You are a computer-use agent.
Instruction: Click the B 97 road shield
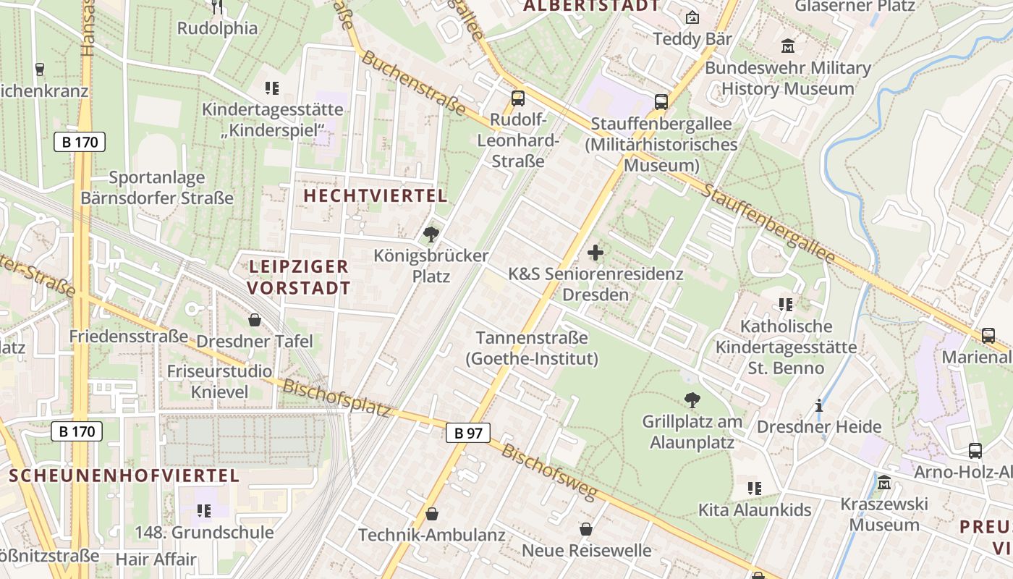[x=468, y=433]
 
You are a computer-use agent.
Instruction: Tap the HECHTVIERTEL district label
[x=375, y=195]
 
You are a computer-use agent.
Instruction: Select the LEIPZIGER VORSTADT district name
[x=299, y=277]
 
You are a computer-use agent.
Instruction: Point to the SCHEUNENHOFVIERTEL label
[x=124, y=476]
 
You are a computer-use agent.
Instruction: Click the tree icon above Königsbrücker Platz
[x=431, y=234]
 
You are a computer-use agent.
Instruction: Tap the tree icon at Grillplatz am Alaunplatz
[x=692, y=400]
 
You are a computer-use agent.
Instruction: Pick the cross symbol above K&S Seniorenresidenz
[x=595, y=253]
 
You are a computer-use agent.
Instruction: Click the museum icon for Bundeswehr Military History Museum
[x=788, y=46]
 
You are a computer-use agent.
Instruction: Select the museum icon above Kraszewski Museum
[x=884, y=482]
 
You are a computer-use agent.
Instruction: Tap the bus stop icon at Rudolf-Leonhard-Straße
[x=518, y=98]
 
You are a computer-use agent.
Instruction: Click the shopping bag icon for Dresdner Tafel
[x=255, y=319]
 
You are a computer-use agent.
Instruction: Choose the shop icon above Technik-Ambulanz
[x=432, y=514]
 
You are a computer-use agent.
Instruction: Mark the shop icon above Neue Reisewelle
[x=586, y=530]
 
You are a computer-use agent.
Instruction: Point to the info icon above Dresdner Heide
[x=819, y=405]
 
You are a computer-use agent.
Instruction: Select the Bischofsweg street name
[x=549, y=473]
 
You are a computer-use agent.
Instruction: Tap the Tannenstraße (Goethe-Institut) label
[x=532, y=348]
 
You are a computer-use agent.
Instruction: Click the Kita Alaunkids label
[x=755, y=510]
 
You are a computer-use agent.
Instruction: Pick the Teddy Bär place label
[x=692, y=38]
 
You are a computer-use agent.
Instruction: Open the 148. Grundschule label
[x=204, y=533]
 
